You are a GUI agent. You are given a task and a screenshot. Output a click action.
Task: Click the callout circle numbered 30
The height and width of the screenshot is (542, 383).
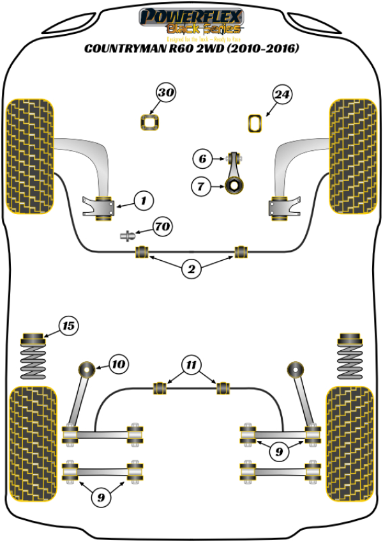coord(166,94)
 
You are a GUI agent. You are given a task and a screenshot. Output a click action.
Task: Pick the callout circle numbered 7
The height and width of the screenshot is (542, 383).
coord(200,187)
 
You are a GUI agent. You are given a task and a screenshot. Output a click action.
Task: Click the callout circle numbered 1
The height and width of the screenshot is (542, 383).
coord(144,201)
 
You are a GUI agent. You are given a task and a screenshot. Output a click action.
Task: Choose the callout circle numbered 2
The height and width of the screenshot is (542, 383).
coord(191,269)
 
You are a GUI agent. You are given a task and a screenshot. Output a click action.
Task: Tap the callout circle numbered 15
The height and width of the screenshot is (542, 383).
coord(68,326)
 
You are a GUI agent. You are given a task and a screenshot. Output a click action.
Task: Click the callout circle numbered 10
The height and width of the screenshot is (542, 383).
coord(117,365)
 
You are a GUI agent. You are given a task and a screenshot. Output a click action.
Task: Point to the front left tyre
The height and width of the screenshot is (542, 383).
coord(29,155)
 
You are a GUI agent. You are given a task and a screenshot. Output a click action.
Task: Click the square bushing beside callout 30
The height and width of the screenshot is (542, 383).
coord(149,121)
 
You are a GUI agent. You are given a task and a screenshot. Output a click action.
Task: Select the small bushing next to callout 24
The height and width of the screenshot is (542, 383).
coord(255,122)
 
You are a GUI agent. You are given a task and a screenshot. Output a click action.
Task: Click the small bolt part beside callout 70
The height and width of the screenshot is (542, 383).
coord(128,235)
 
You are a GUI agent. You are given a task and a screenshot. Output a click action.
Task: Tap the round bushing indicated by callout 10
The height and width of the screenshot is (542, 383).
coord(86,369)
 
